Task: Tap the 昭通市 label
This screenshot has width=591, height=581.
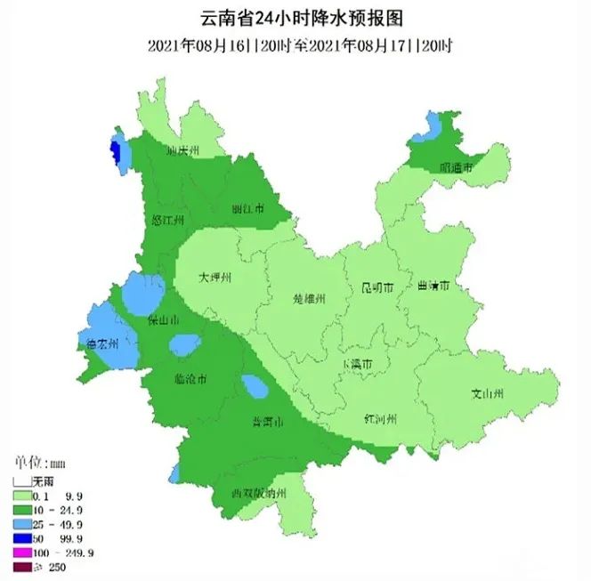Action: [455, 166]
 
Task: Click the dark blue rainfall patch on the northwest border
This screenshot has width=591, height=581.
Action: [114, 149]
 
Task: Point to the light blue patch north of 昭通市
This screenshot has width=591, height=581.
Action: [432, 127]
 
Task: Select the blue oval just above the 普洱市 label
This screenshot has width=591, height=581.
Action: [255, 388]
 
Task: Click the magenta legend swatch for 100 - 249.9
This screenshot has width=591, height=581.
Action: [21, 553]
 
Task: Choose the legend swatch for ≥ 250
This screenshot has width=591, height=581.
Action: [21, 567]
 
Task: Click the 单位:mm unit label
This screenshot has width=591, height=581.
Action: [39, 464]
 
